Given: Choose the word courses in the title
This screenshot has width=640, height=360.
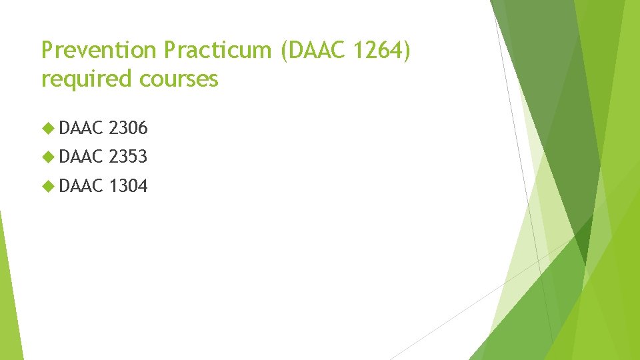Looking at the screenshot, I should pyautogui.click(x=179, y=79).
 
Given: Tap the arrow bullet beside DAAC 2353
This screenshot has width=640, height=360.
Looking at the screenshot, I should pyautogui.click(x=48, y=157).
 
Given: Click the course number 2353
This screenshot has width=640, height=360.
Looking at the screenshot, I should pyautogui.click(x=128, y=157).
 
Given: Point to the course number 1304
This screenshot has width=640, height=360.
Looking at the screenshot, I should pyautogui.click(x=128, y=187).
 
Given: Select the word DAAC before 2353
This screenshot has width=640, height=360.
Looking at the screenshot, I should pyautogui.click(x=81, y=157).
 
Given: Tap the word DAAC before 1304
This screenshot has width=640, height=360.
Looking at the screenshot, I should pyautogui.click(x=81, y=187).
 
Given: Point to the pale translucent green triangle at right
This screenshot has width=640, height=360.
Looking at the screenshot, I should pyautogui.click(x=527, y=267).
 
